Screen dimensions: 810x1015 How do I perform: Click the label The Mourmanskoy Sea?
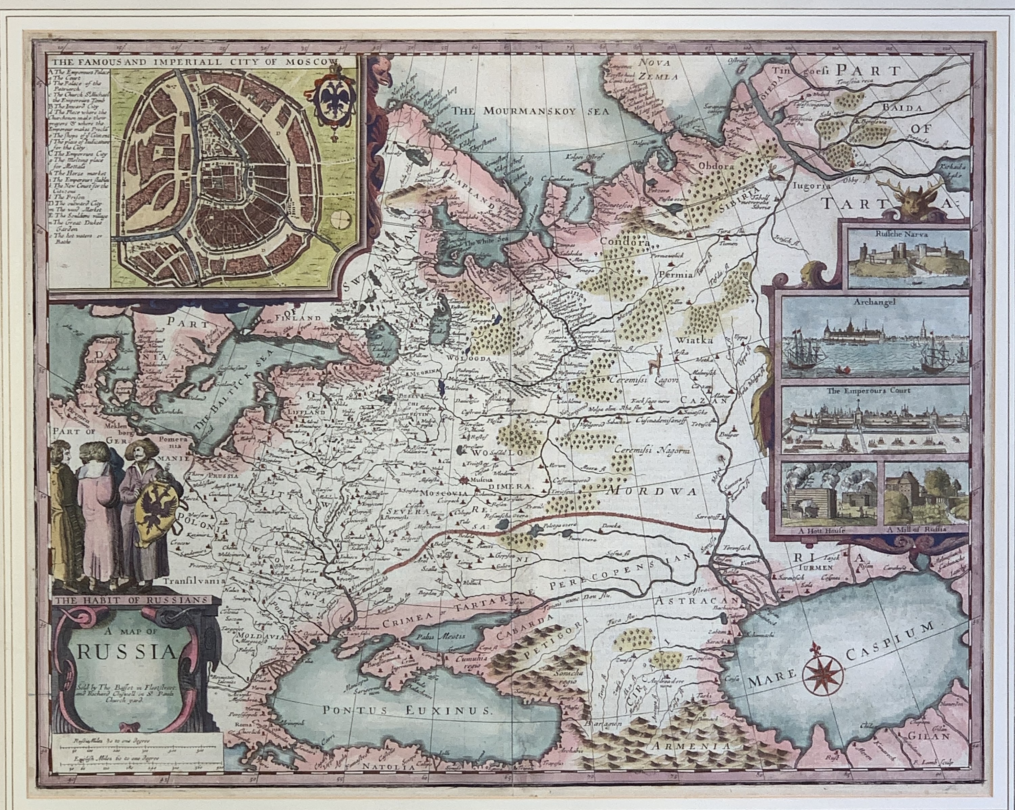531,111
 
